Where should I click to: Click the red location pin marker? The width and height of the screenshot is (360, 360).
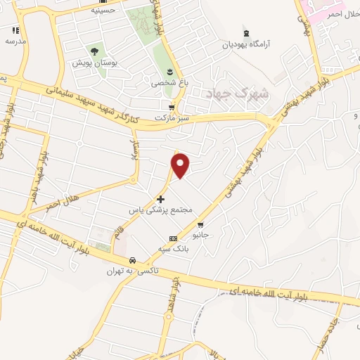tap(181, 165)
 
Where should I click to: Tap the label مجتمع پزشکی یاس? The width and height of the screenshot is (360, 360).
tap(161, 210)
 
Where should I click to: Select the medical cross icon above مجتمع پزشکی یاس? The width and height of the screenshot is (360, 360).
tap(161, 200)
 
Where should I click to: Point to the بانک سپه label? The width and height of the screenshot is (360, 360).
tap(172, 250)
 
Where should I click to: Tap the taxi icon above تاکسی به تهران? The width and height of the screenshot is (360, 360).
tap(132, 261)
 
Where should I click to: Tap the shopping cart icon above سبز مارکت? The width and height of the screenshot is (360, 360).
tap(171, 107)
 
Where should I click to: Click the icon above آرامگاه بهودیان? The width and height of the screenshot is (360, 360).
tap(245, 33)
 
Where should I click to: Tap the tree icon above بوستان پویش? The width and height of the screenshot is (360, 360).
tap(93, 51)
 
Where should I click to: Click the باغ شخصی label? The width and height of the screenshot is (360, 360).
tap(169, 82)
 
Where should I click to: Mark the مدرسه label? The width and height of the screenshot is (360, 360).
tap(15, 41)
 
